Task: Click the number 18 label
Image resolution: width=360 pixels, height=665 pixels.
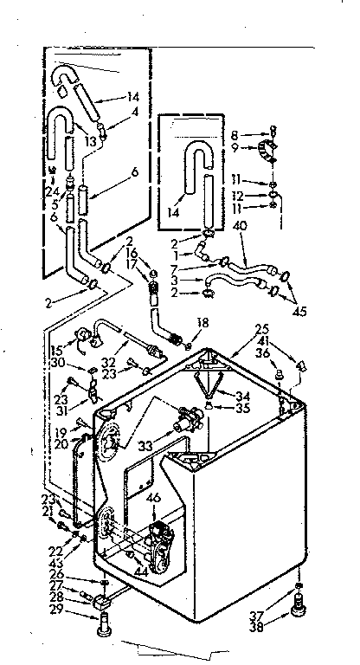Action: [x=202, y=322]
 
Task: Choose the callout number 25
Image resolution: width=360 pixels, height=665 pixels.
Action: [x=262, y=330]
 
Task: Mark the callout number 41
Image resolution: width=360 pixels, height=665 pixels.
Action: [x=262, y=341]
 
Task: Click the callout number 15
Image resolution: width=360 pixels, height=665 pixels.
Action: [x=57, y=350]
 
